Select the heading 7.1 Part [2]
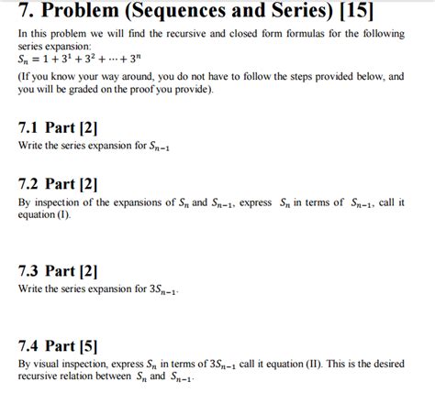click(x=60, y=128)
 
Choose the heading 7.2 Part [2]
click(x=60, y=183)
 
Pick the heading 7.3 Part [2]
click(x=60, y=270)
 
